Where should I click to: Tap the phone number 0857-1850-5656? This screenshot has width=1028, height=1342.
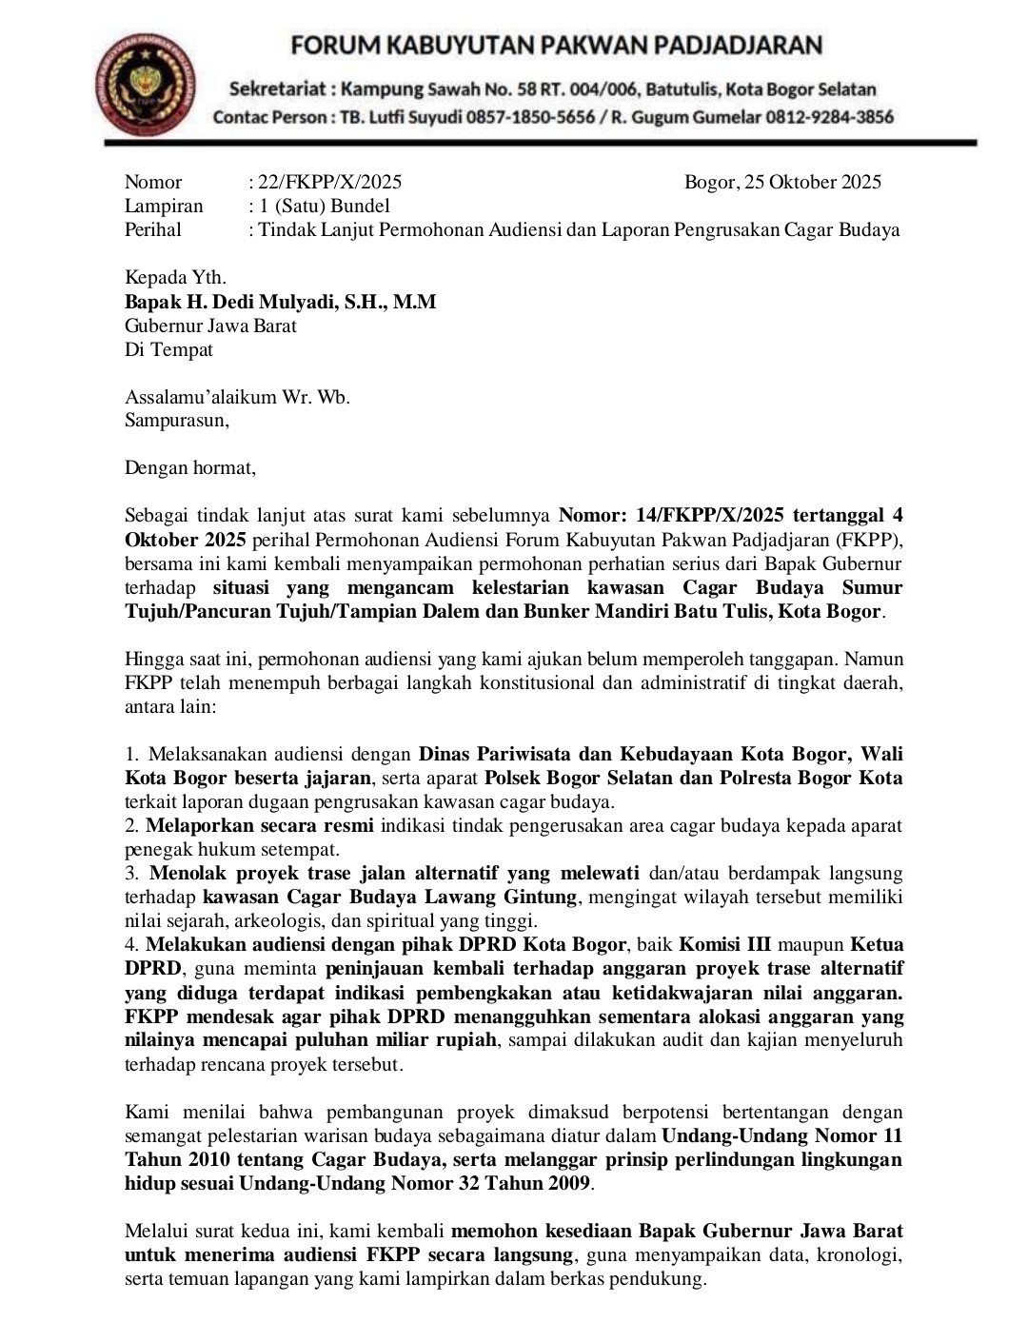pos(539,117)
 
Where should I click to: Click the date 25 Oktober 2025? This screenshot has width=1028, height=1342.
pos(812,182)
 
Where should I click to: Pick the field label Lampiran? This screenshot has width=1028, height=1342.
pos(164,206)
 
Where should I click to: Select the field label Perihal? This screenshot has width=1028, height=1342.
pos(153,229)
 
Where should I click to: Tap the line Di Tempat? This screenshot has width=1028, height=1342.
pos(168,349)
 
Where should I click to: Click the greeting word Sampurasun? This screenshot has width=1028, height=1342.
pos(176,420)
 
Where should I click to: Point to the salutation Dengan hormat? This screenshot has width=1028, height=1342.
pos(190,467)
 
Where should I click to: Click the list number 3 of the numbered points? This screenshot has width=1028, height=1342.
pos(130,873)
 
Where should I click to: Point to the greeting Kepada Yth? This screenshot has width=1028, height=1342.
pos(175,278)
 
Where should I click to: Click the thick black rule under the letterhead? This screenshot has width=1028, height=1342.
pos(541,143)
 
